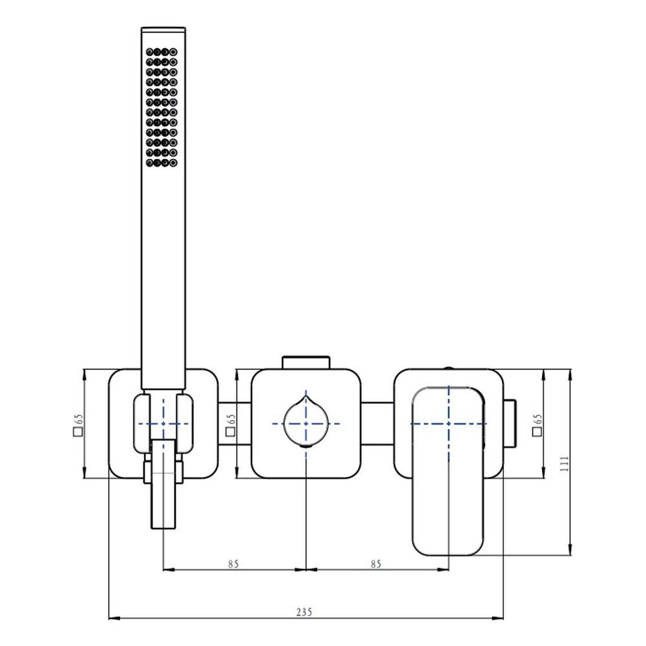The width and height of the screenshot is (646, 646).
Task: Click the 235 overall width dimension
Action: click(304, 612)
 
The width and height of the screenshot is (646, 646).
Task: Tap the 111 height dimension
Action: click(564, 463)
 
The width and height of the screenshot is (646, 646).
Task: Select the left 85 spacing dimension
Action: click(234, 563)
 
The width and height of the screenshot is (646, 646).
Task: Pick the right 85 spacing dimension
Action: click(376, 563)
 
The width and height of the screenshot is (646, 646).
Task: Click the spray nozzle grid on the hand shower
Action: click(161, 107)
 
